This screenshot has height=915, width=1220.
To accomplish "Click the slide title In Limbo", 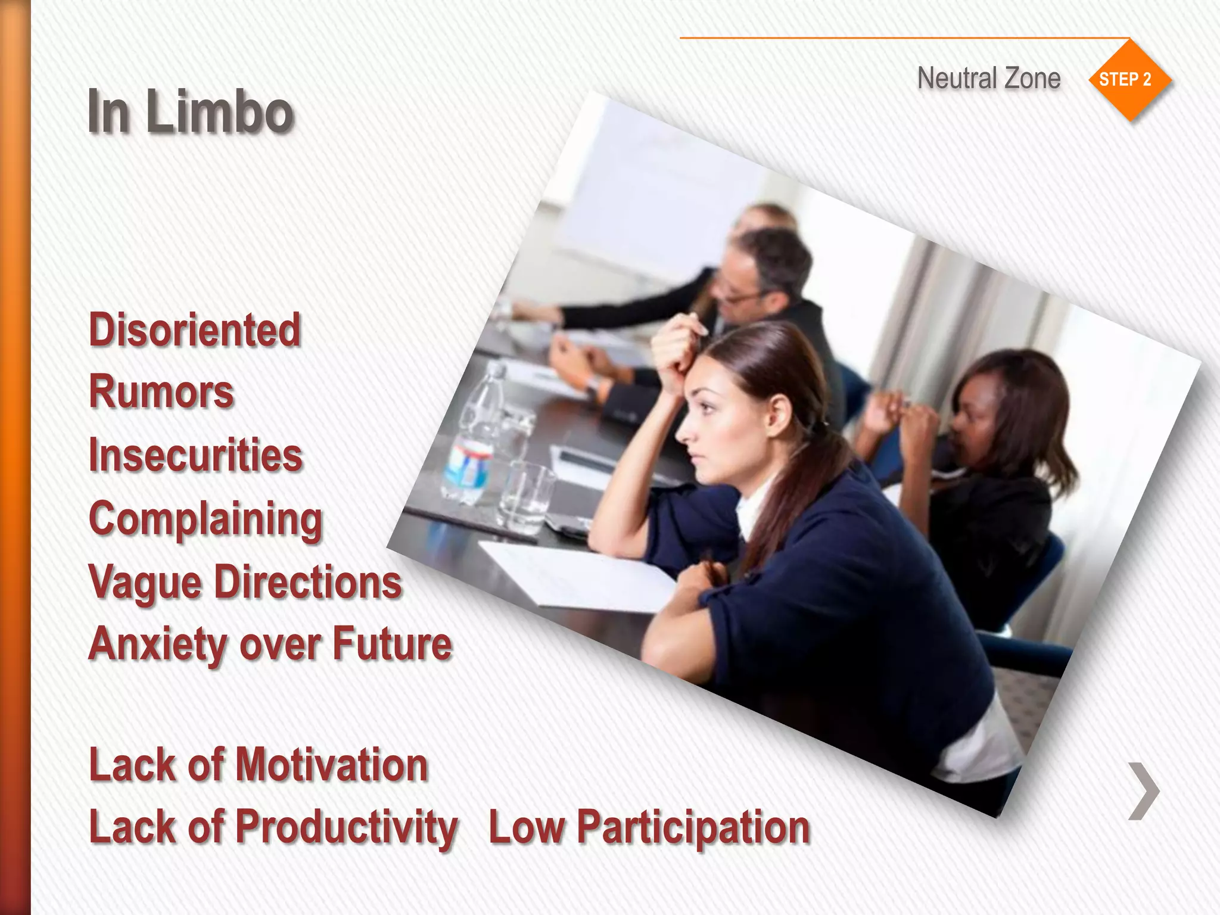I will pos(191,111).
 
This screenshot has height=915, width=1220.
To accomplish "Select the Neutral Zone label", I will pos(988,79).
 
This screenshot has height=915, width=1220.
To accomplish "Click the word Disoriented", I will pos(195,330).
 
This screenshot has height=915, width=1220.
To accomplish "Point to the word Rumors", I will pos(161,392).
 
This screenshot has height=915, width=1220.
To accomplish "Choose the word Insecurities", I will pos(195,455).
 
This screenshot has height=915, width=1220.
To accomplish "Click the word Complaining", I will pos(206,519).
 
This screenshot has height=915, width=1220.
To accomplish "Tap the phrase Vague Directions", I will pos(245,582).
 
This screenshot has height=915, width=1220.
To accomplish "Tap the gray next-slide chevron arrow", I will pos(1144,791).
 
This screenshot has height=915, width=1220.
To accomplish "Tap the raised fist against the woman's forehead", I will pos(676,351).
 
